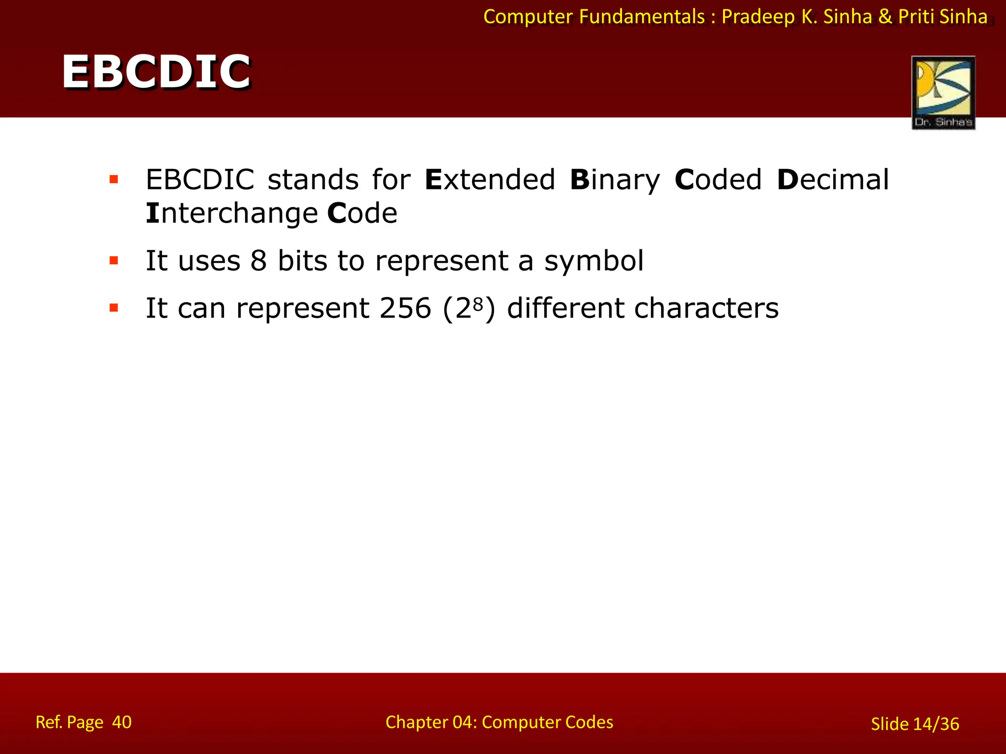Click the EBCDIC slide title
point(156,72)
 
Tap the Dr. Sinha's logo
point(943,92)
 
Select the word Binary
point(615,181)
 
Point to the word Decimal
point(833,180)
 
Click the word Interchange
point(232,214)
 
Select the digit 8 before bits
point(258,261)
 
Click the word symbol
point(593,261)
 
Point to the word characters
point(706,308)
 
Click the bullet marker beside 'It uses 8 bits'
point(114,261)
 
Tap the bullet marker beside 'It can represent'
point(114,308)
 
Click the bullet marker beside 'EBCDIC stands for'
point(114,180)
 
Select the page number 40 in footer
point(121,722)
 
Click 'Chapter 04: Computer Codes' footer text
point(499,722)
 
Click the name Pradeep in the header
point(758,17)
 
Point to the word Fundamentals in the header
point(642,17)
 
